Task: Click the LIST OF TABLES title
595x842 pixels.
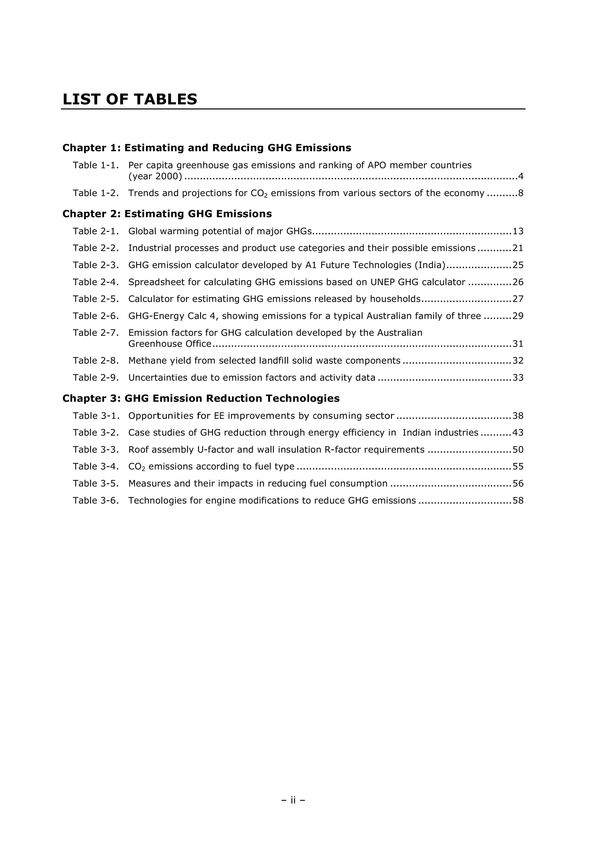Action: pyautogui.click(x=130, y=99)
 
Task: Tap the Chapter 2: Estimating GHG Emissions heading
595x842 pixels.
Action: pyautogui.click(x=167, y=214)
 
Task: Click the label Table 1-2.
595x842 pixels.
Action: pyautogui.click(x=96, y=193)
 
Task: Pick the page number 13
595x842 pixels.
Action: pyautogui.click(x=518, y=231)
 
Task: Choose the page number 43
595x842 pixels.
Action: pyautogui.click(x=518, y=433)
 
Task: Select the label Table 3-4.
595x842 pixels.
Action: pyautogui.click(x=96, y=466)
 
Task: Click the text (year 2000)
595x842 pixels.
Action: pyautogui.click(x=155, y=176)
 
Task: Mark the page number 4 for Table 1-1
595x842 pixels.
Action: pyautogui.click(x=521, y=176)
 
